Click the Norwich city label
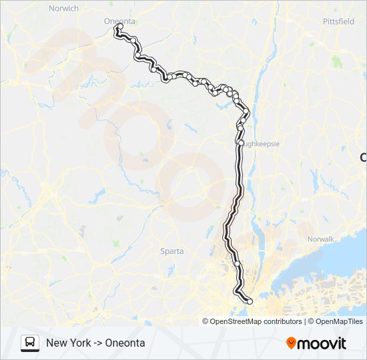click(64, 9)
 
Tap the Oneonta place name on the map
click(119, 21)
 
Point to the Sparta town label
click(171, 251)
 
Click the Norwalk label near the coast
click(319, 239)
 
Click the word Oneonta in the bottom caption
click(126, 343)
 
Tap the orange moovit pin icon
click(292, 343)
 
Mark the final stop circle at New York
click(250, 302)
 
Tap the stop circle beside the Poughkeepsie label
click(240, 142)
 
